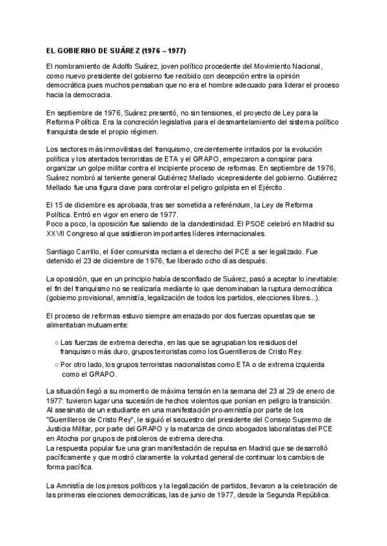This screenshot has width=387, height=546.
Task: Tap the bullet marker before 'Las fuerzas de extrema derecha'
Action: point(57,343)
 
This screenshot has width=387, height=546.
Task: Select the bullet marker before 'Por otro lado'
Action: point(57,364)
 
